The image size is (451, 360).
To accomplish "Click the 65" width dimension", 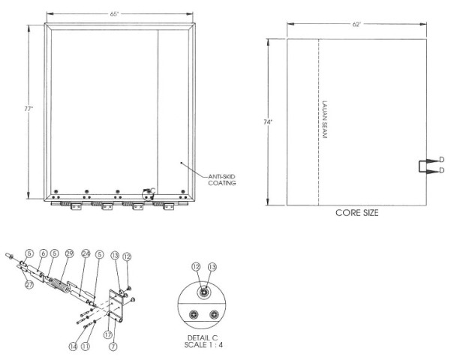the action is click(x=114, y=13).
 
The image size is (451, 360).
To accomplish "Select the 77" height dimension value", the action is click(x=29, y=109).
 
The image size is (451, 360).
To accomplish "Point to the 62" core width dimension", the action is click(x=356, y=25).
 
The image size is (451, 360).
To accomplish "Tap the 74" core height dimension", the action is click(x=268, y=122).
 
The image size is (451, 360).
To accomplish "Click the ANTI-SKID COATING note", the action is click(x=222, y=180).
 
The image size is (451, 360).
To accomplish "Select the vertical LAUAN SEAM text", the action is click(x=325, y=119).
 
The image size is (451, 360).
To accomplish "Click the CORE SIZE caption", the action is click(x=357, y=213).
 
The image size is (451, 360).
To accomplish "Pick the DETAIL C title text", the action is click(x=203, y=337).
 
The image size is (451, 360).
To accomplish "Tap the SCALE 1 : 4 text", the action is click(x=203, y=345).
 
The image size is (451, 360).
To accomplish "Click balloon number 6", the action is click(x=44, y=253).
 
